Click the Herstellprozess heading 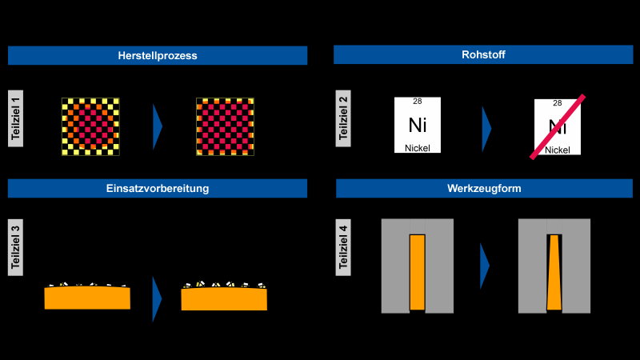tap(158, 55)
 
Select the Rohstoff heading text tap(483, 54)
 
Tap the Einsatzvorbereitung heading tap(158, 189)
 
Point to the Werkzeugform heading tap(484, 189)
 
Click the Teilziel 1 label tap(15, 118)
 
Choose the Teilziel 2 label tap(343, 118)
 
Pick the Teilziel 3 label tap(15, 247)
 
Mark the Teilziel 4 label tap(343, 247)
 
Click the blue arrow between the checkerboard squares tap(157, 126)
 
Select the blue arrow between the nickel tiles tap(486, 129)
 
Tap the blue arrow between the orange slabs tap(157, 299)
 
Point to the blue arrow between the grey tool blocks tap(485, 266)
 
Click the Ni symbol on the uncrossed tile tap(418, 125)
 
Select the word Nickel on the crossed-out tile tap(558, 150)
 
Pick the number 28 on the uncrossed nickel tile tap(417, 102)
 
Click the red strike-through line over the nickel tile tap(558, 127)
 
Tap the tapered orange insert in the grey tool tap(554, 272)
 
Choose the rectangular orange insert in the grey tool tap(418, 272)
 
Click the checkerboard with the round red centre tap(90, 126)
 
